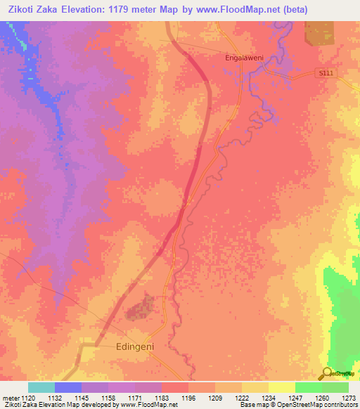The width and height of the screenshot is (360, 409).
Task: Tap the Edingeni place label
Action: click(134, 346)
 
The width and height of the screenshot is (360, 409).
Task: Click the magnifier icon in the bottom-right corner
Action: click(326, 373)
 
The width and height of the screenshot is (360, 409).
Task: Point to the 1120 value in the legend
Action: click(27, 398)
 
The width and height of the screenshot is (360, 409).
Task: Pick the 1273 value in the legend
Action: click(349, 398)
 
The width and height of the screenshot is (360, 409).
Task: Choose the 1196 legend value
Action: click(188, 398)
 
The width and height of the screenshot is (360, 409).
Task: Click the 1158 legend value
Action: click(108, 398)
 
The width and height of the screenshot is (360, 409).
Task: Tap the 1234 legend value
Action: click(269, 398)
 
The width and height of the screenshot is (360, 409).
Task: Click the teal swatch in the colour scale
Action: click(41, 387)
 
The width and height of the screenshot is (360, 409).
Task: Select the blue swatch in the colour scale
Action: click(68, 387)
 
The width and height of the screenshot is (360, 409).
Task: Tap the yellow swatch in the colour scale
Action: click(281, 387)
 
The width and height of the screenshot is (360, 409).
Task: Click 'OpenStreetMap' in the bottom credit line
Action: click(306, 405)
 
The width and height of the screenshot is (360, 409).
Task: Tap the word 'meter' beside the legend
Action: click(11, 398)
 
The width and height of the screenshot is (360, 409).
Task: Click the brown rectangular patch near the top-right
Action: click(320, 32)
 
